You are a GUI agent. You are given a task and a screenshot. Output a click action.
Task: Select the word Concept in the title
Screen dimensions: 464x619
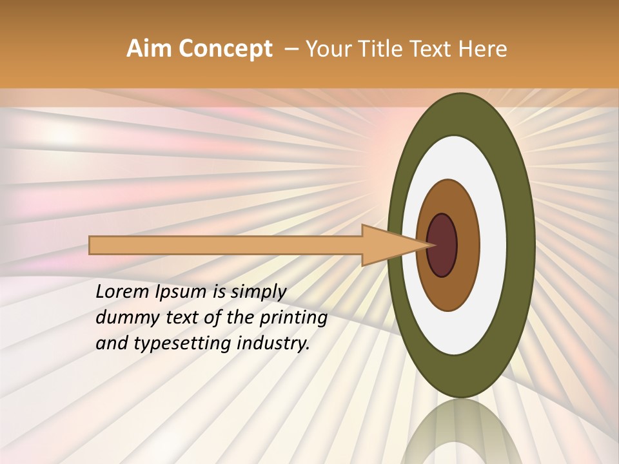pyautogui.click(x=225, y=49)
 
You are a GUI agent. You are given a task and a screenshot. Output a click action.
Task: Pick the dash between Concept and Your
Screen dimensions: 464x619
pyautogui.click(x=291, y=49)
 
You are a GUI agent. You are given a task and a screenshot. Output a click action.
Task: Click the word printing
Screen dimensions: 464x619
pyautogui.click(x=293, y=318)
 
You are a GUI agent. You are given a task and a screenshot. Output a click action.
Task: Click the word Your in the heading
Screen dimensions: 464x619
pyautogui.click(x=328, y=49)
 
